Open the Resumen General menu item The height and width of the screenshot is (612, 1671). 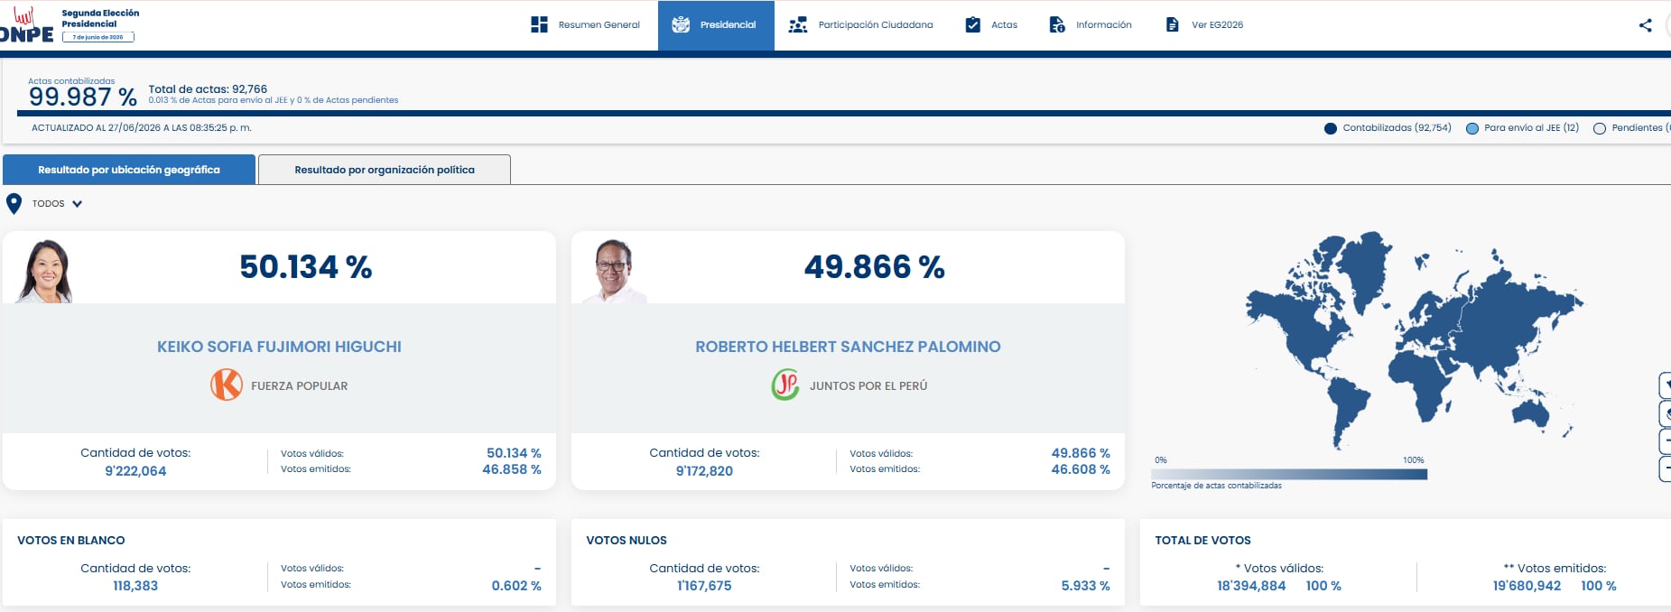point(585,25)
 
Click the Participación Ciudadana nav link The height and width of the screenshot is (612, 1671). point(860,25)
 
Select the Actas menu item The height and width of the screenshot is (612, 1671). point(991,25)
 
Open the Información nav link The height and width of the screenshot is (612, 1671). point(1090,25)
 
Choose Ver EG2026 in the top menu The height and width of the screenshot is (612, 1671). point(1204,25)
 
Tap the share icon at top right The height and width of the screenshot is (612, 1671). point(1645,25)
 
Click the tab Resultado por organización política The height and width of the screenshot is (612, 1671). point(385,170)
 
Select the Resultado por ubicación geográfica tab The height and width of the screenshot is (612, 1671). point(129,170)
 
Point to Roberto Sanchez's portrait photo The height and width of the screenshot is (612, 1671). point(615,271)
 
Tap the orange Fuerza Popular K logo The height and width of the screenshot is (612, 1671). point(227,385)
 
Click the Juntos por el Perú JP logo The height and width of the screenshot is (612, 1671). point(785,385)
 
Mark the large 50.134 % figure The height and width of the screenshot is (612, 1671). point(306,267)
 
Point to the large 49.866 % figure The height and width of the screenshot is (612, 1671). point(874,267)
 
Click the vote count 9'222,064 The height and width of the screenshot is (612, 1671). point(135,471)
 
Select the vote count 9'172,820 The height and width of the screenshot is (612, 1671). point(704,471)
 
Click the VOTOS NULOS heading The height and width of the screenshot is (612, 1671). point(627,541)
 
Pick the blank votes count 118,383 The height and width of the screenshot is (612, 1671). point(135,586)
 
